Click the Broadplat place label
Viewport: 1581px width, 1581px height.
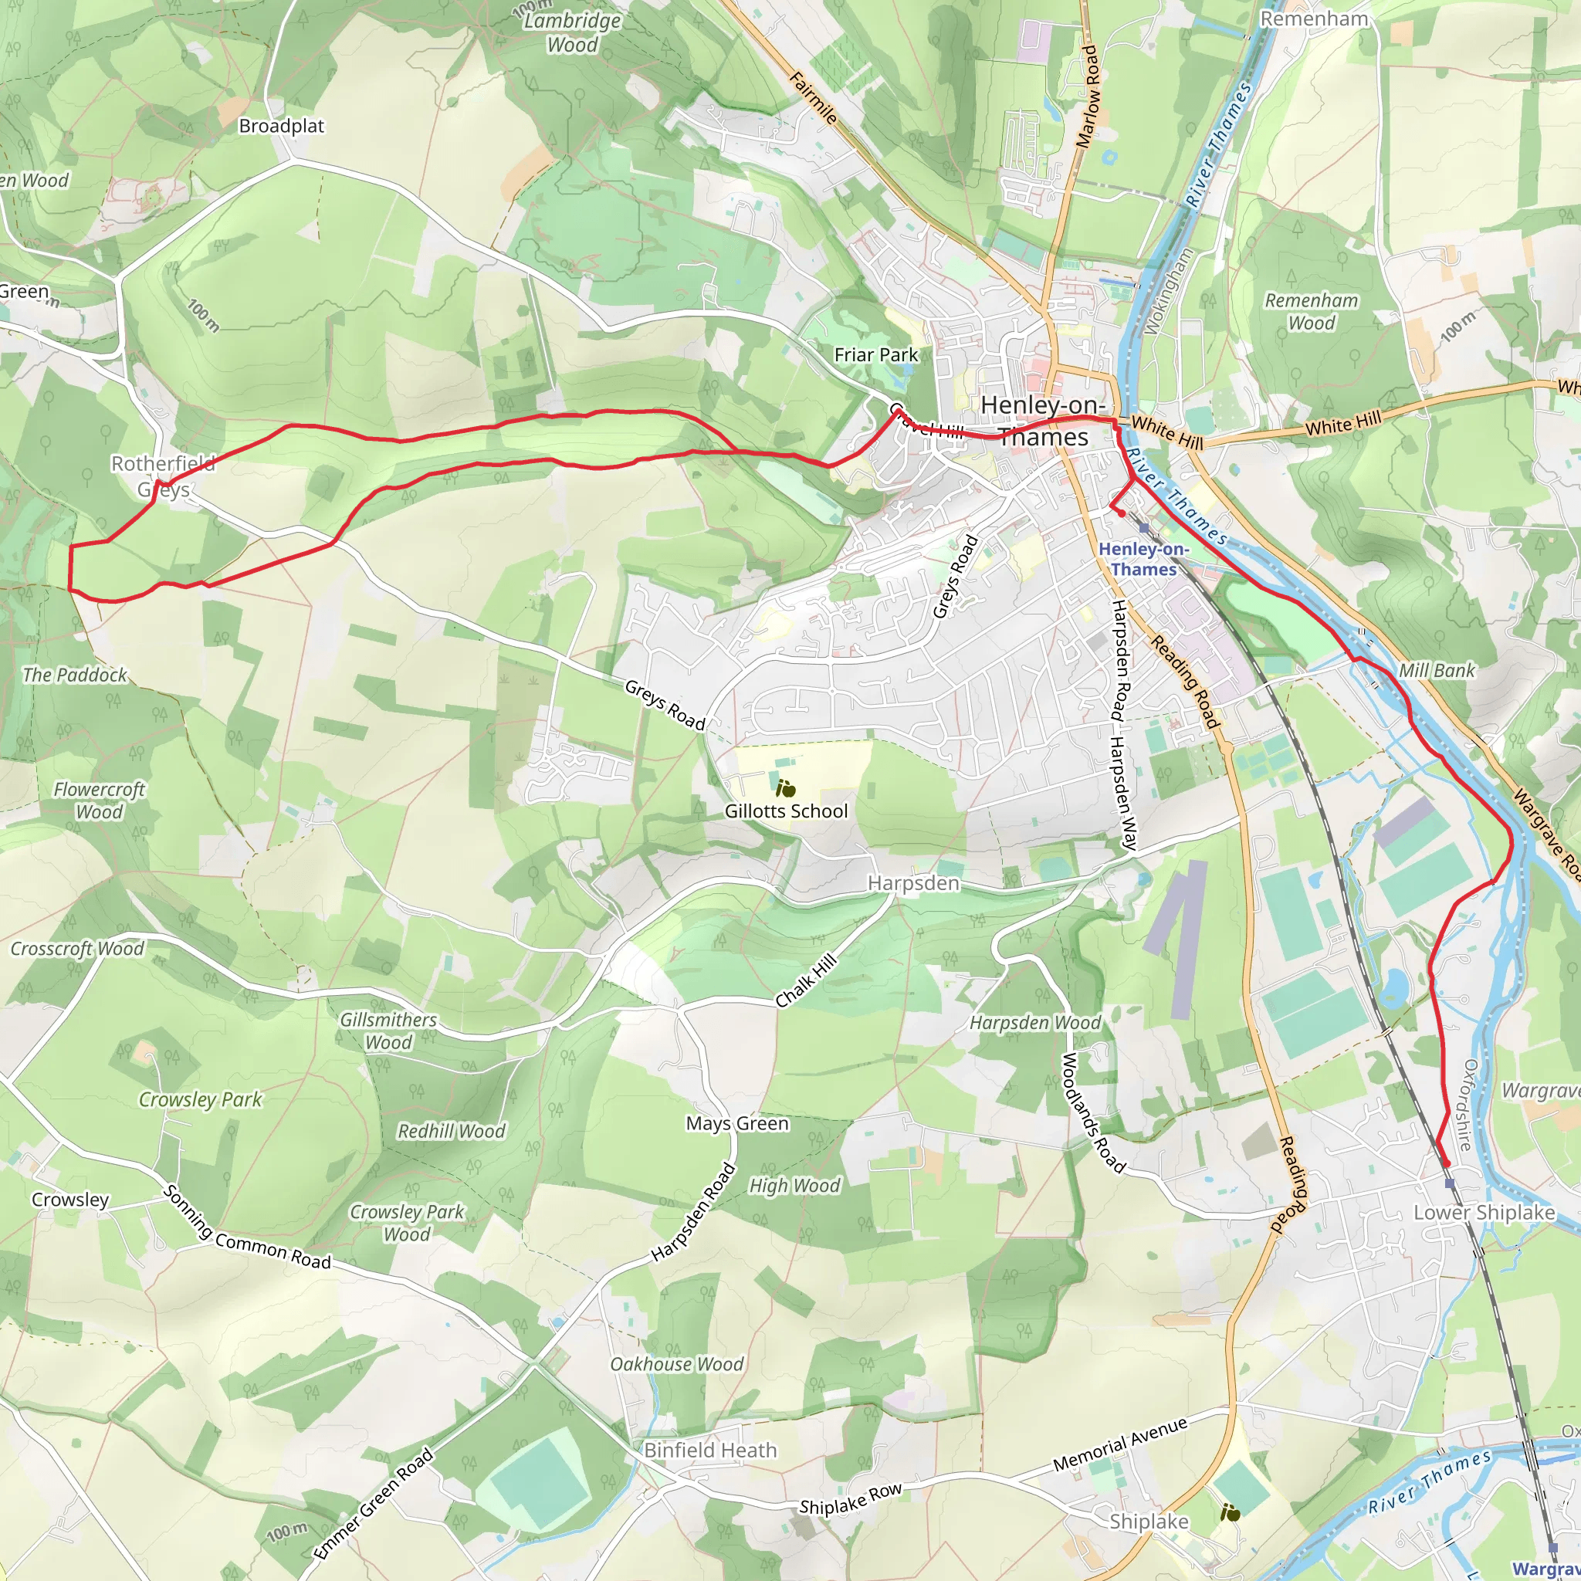[282, 126]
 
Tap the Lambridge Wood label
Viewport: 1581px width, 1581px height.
[572, 32]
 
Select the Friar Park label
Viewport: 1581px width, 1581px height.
[875, 354]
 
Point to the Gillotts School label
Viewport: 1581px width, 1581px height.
[786, 811]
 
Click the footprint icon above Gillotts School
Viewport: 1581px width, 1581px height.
[786, 789]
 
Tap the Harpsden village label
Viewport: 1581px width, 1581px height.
[913, 883]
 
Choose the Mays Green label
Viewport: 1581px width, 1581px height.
[737, 1123]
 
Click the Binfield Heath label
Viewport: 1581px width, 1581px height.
[710, 1450]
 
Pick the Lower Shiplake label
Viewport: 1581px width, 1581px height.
[1485, 1212]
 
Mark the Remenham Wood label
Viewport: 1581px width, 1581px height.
[1311, 312]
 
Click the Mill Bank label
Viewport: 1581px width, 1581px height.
[1437, 671]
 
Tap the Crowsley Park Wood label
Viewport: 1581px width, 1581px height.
[407, 1223]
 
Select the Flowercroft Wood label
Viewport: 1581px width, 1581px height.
[99, 801]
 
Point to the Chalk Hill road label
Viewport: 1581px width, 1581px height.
[807, 980]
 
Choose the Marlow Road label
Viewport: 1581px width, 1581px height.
[1088, 96]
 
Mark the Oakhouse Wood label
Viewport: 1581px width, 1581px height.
[677, 1364]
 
